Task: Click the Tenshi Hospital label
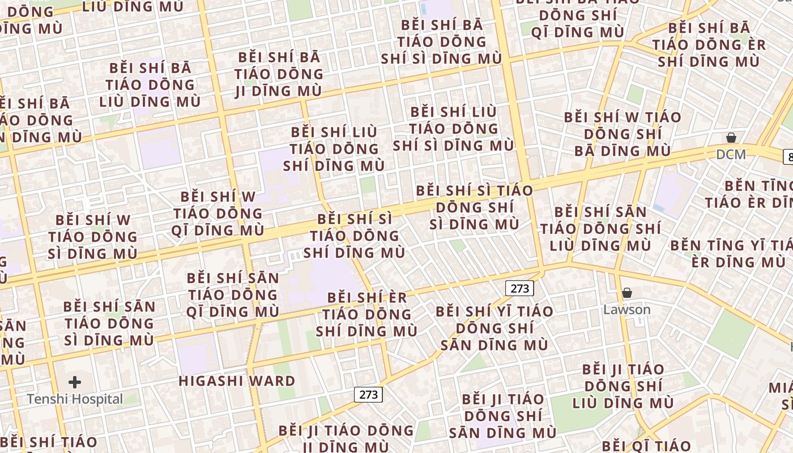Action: tap(74, 399)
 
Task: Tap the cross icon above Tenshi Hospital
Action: tap(74, 382)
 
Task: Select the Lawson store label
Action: tap(626, 310)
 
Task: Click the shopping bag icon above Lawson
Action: tap(626, 293)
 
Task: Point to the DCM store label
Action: tap(731, 154)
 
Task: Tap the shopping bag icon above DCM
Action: tap(731, 138)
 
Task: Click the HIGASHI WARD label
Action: tap(237, 381)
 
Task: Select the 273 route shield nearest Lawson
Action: tap(519, 288)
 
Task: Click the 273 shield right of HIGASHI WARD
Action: tap(368, 394)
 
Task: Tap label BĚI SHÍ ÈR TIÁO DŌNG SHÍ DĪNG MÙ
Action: tap(366, 314)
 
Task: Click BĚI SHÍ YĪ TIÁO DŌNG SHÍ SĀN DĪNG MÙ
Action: tap(494, 328)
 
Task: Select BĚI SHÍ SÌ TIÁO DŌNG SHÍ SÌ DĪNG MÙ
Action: tap(475, 207)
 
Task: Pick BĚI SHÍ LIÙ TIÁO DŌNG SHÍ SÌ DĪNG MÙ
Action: tap(453, 129)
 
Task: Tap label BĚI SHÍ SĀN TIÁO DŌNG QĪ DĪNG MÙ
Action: tap(233, 294)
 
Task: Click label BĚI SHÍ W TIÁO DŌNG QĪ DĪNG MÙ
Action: tap(218, 213)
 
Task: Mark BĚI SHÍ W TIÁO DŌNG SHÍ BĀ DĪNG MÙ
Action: tap(623, 134)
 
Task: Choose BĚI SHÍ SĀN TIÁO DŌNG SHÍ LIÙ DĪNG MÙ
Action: tap(600, 229)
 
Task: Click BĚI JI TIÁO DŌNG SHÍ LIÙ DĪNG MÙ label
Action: tap(623, 386)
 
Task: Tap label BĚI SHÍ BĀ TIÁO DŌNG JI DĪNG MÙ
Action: tap(279, 74)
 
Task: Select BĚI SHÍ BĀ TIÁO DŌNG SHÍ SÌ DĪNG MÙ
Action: tap(441, 42)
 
